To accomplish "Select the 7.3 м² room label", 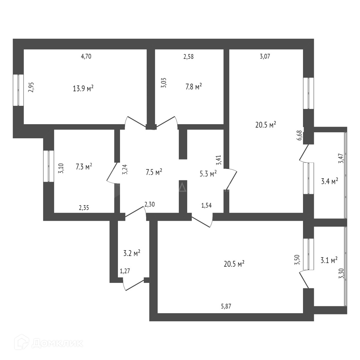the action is point(84,167).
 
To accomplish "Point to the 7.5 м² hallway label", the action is point(154,172).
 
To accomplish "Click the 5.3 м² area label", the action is point(208,174).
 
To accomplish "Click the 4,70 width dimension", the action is point(86,56).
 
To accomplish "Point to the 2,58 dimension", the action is point(188,56).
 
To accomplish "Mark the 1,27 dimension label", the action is point(125,271).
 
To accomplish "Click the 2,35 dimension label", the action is point(84,207).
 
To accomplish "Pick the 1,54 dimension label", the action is point(206,205).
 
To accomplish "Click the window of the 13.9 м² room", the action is point(18,90).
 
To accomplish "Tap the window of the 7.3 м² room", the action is point(48,166).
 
